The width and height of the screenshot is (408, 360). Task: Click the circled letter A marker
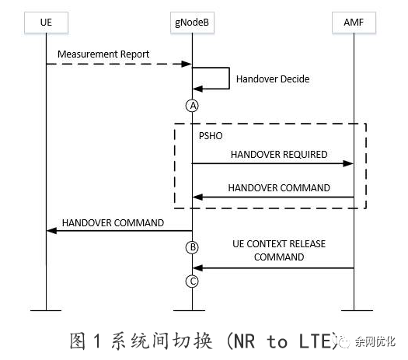(192, 105)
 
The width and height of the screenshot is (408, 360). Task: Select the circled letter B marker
(192, 248)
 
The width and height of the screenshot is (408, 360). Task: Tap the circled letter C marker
(192, 281)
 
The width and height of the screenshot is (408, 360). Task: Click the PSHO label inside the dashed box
(211, 135)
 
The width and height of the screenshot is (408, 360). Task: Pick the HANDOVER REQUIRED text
(278, 154)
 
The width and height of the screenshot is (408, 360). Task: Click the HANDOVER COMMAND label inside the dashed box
(278, 187)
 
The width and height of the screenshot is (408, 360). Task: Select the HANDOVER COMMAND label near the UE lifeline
(113, 222)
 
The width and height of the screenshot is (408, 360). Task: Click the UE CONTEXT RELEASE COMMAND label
(278, 250)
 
